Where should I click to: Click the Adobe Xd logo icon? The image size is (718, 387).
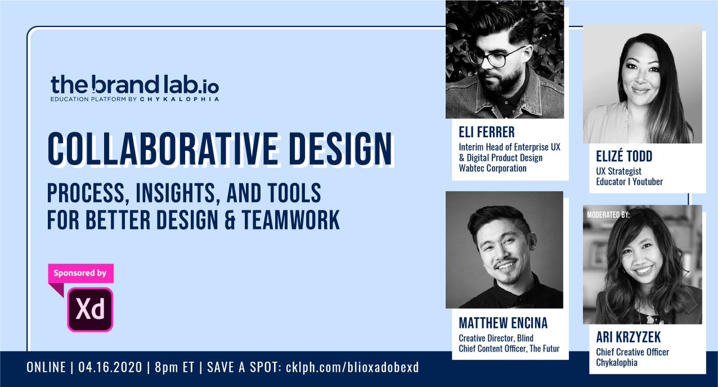(x=90, y=309)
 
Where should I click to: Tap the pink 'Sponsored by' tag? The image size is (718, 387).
(x=81, y=273)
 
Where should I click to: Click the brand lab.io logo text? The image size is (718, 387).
(x=134, y=84)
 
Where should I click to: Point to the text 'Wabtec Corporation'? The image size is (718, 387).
(x=492, y=168)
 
